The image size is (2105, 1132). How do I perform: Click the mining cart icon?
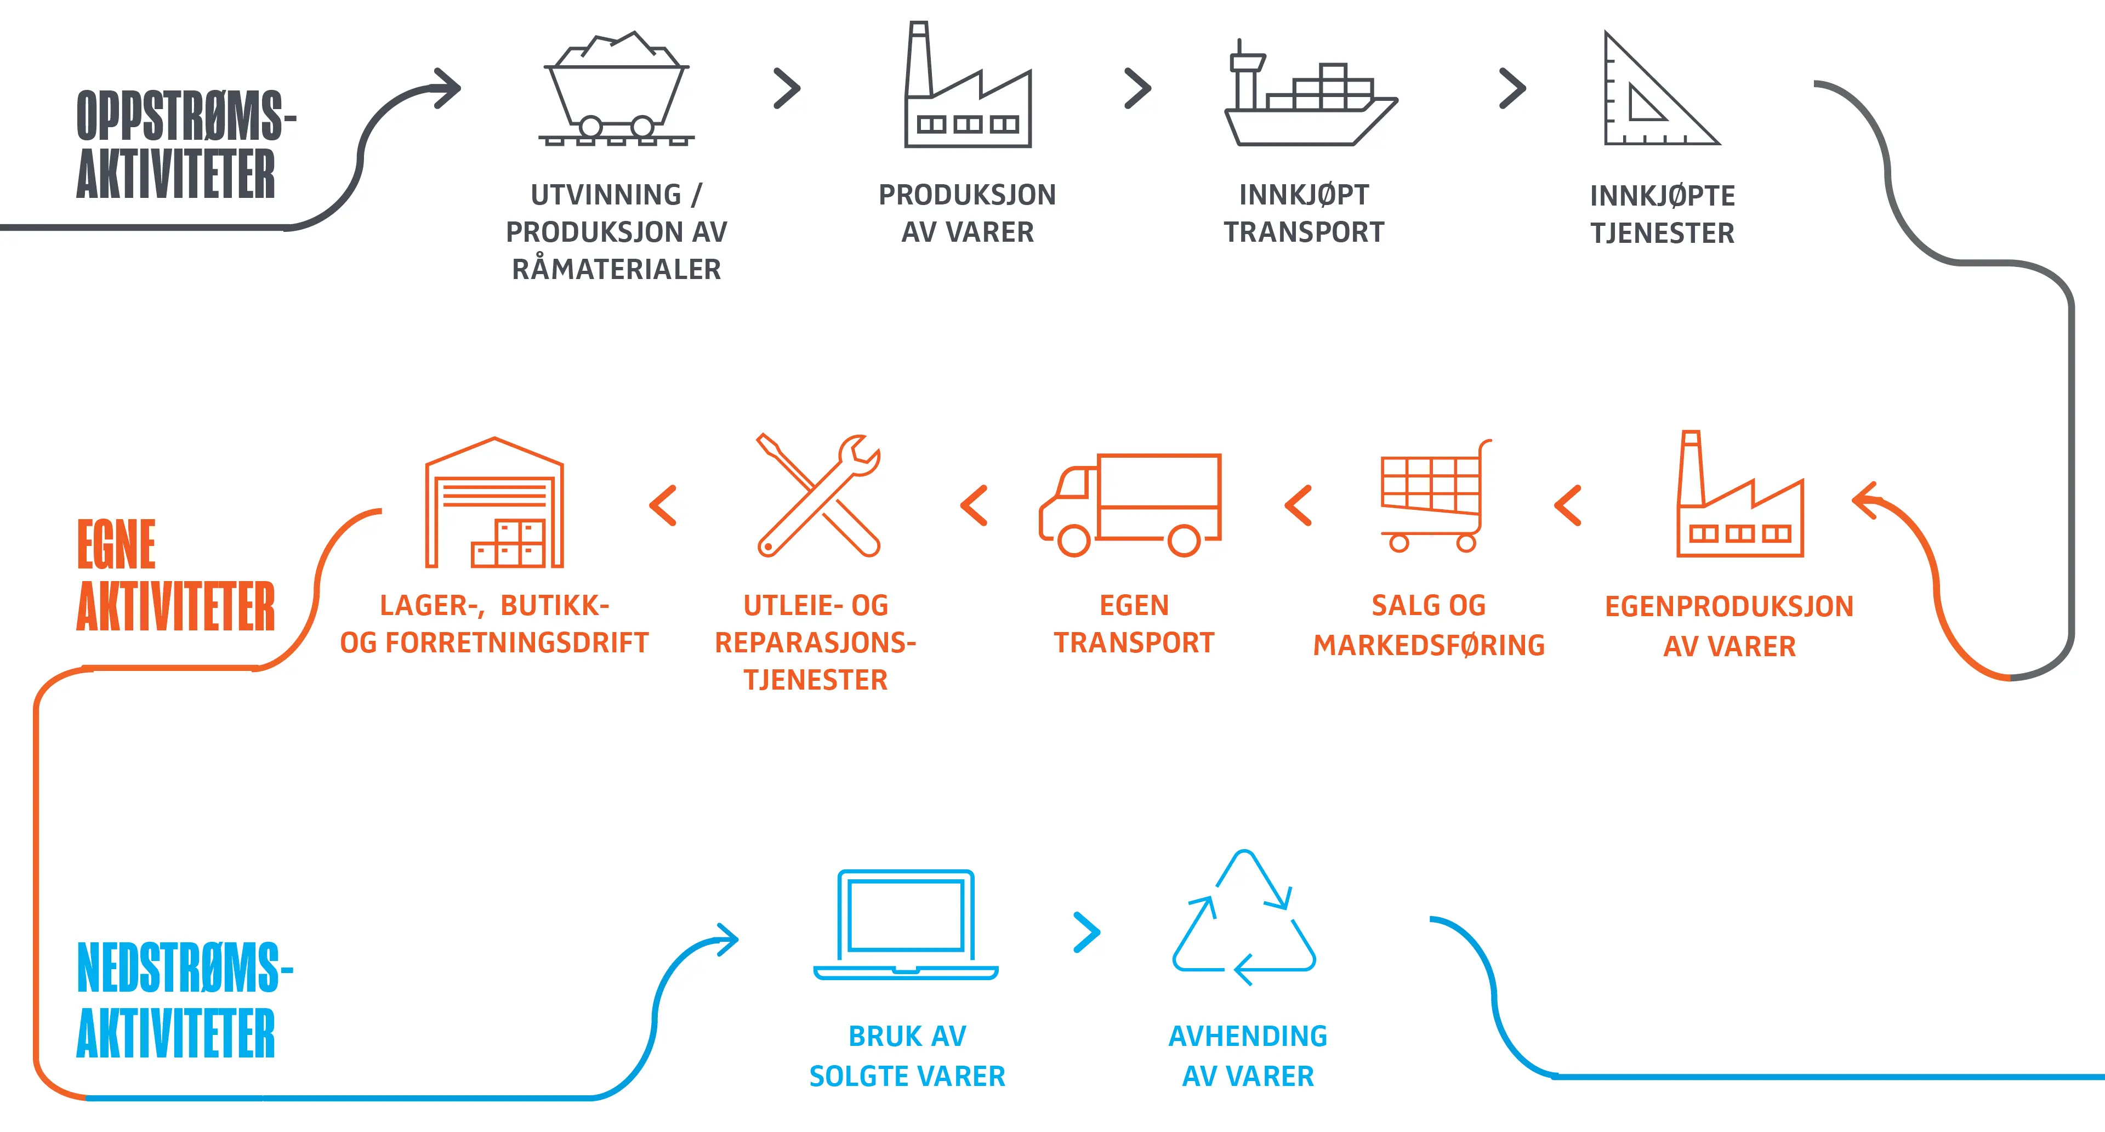click(x=617, y=90)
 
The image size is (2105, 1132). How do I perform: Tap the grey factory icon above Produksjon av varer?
click(x=966, y=90)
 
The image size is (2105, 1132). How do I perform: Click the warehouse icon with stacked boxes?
click(x=494, y=503)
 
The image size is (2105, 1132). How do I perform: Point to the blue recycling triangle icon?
click(x=1244, y=919)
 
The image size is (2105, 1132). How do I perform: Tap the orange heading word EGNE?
click(x=116, y=544)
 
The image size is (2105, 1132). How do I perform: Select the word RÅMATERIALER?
click(x=616, y=269)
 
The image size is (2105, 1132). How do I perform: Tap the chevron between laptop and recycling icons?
click(x=1087, y=932)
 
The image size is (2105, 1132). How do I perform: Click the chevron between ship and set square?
click(x=1512, y=88)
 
